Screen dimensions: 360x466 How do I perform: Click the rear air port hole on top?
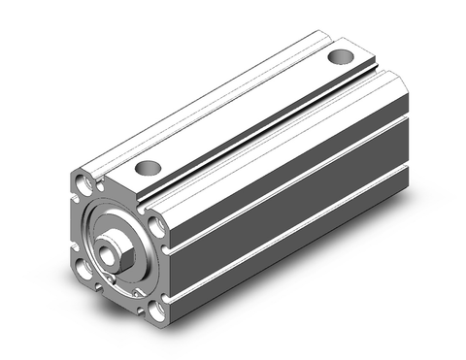[339, 56]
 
